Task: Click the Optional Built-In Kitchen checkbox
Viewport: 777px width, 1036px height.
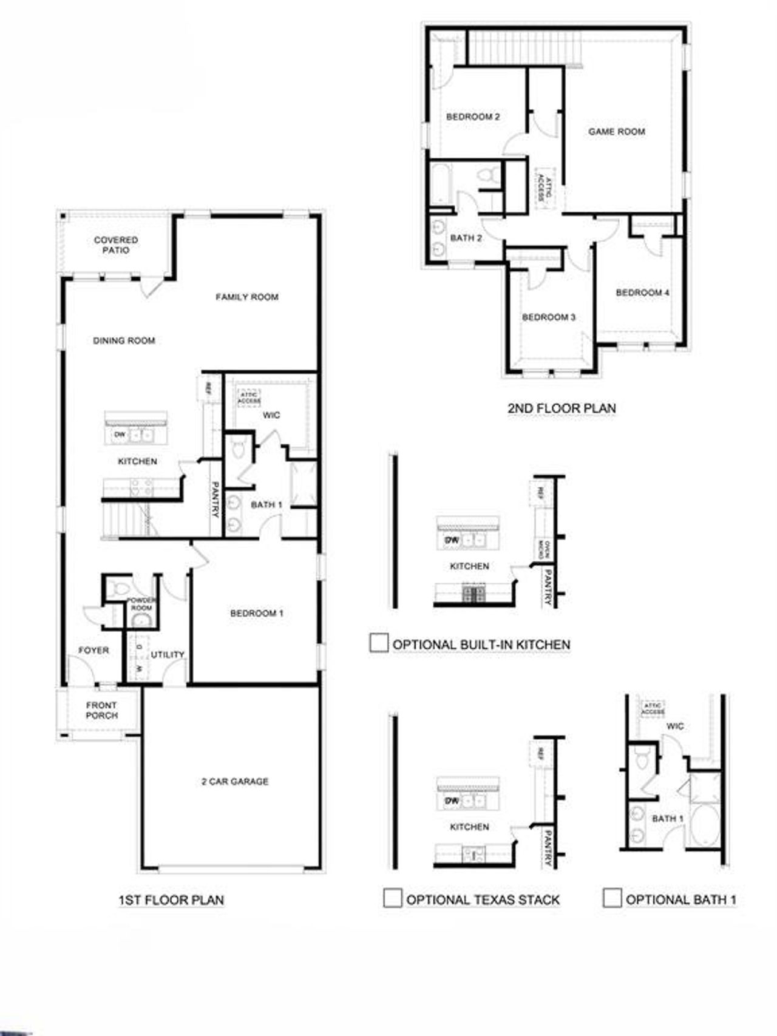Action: click(x=379, y=643)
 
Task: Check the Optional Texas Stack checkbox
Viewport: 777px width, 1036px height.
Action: click(x=393, y=898)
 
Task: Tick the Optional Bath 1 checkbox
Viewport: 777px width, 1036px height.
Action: click(x=612, y=898)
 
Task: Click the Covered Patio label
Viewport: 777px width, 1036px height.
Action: click(x=116, y=245)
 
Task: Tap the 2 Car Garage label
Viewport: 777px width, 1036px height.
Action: click(x=235, y=782)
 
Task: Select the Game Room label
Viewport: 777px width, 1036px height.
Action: click(x=617, y=131)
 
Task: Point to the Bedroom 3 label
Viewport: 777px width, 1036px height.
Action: click(x=549, y=317)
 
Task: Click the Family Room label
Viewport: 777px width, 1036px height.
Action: click(x=247, y=297)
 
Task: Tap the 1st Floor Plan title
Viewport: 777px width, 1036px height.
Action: click(x=171, y=899)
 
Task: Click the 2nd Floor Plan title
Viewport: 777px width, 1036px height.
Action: click(x=562, y=408)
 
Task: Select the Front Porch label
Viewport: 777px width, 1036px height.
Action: click(x=102, y=710)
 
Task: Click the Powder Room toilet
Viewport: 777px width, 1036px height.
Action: click(x=120, y=588)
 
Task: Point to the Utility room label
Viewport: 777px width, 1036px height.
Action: click(x=168, y=654)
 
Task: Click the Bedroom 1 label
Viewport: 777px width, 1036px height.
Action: click(x=257, y=613)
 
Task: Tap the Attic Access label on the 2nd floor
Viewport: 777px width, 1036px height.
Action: click(x=545, y=188)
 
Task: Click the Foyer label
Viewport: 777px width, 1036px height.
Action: click(x=93, y=650)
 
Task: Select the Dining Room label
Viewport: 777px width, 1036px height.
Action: click(x=124, y=340)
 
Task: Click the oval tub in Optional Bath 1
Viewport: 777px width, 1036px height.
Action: click(x=704, y=824)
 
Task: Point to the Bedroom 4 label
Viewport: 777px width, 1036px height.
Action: click(x=642, y=293)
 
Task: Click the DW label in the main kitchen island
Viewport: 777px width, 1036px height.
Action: click(x=120, y=435)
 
